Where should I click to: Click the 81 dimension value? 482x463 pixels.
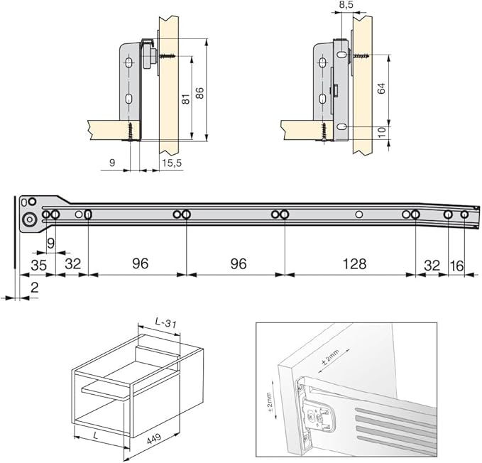pos(186,99)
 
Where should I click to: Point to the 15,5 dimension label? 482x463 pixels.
pos(172,164)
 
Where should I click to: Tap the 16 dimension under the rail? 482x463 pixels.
pos(457,264)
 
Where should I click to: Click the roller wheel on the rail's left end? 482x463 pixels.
pos(29,221)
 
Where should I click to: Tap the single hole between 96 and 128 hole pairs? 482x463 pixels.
pos(359,214)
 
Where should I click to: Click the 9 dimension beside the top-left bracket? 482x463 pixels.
pos(112,164)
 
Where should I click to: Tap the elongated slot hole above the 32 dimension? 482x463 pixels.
pos(87,214)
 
